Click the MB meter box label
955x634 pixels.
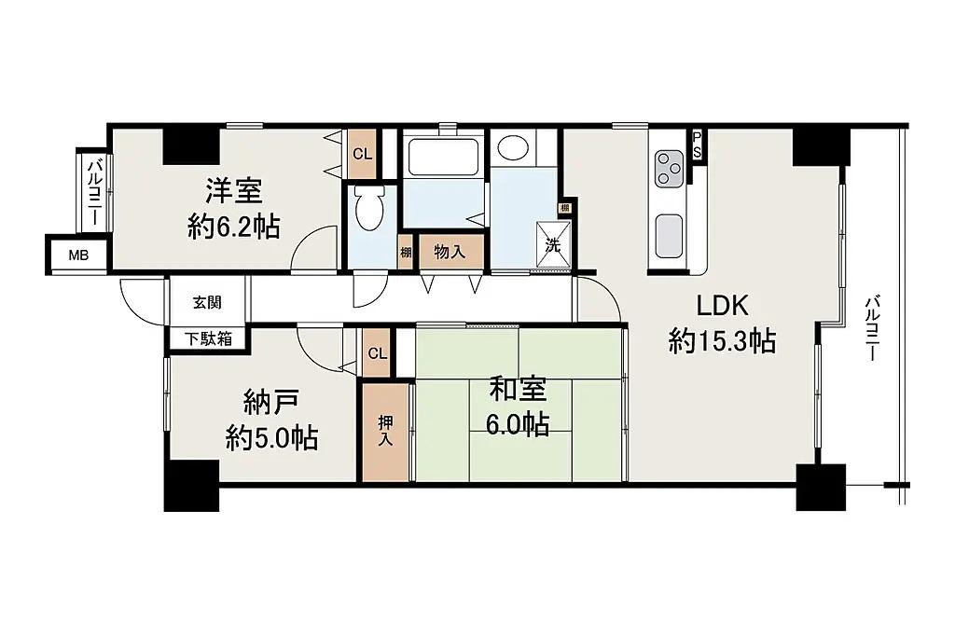tap(78, 255)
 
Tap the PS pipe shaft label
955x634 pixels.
tap(697, 145)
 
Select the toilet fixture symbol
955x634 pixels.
tap(369, 207)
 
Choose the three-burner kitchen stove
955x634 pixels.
tap(670, 169)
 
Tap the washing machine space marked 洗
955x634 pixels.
tap(553, 245)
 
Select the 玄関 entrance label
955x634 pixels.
tap(207, 303)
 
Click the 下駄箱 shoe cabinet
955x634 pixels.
tap(208, 339)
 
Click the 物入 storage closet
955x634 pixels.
tap(451, 251)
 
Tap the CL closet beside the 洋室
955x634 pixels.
tap(363, 154)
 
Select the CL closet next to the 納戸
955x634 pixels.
tap(377, 353)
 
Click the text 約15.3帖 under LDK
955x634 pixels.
tap(722, 340)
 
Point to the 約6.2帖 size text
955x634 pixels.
tap(234, 227)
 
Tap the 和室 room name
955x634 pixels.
tap(518, 390)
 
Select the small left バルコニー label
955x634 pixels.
tap(96, 192)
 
